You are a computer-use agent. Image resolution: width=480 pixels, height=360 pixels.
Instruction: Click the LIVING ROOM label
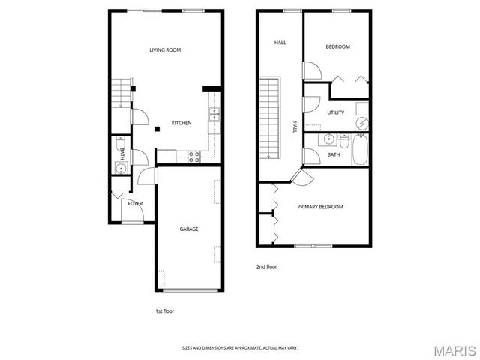coord(165,50)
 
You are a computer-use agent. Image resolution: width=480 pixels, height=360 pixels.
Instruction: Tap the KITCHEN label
coord(181,123)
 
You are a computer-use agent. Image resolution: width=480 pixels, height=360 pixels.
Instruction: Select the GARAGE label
coord(188,229)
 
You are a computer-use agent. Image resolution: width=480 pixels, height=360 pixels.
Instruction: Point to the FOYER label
coord(135,203)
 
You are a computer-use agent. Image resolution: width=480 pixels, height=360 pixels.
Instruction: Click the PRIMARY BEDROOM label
coord(320,207)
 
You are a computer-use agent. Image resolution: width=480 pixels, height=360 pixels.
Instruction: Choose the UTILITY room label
coord(335,112)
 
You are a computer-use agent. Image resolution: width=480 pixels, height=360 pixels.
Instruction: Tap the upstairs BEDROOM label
coord(337,46)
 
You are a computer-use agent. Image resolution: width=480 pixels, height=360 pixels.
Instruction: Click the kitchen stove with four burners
coord(193,156)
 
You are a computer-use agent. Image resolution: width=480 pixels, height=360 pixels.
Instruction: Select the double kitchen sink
coord(214,115)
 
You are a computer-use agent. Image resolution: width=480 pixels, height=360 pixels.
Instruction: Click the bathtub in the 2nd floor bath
coord(361,150)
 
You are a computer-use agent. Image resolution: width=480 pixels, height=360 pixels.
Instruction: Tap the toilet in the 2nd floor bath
coord(343,139)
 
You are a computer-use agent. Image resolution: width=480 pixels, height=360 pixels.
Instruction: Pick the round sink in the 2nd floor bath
coord(328,139)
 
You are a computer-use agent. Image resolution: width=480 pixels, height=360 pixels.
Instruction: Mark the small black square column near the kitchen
coord(157,129)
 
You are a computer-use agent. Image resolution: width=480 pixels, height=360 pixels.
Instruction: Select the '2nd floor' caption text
coord(266,266)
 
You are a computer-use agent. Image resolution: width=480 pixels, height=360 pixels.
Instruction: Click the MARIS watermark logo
coord(453,349)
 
